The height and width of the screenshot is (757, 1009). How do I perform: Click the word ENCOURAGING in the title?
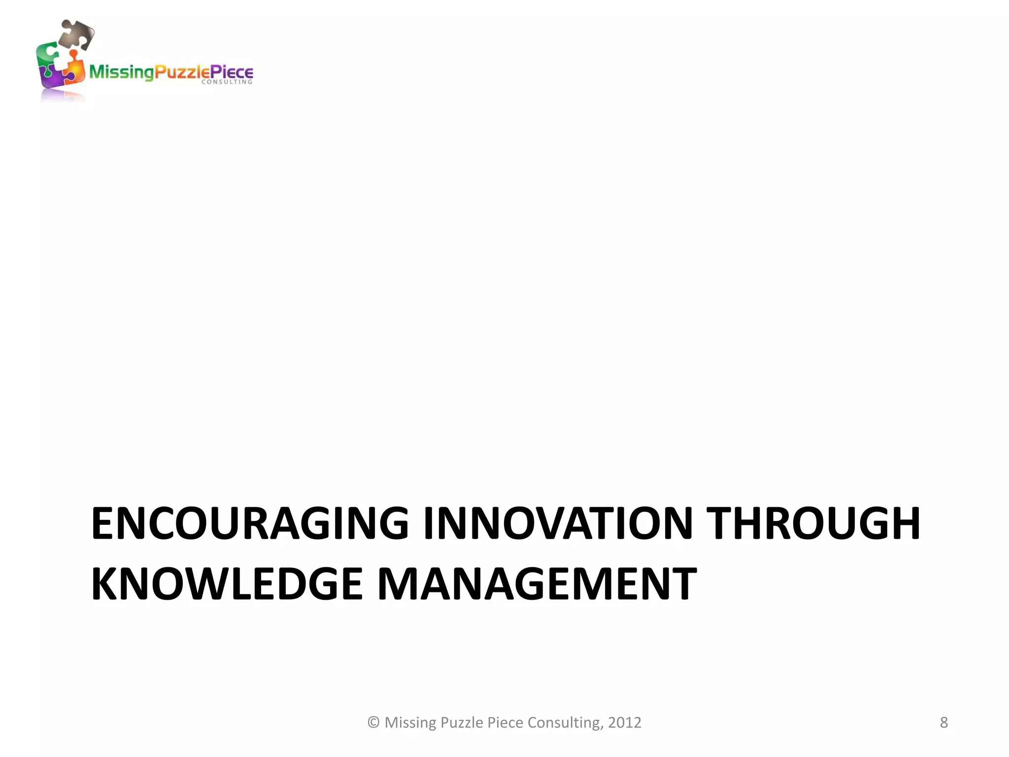pyautogui.click(x=250, y=523)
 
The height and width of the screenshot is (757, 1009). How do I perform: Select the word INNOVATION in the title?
pyautogui.click(x=558, y=523)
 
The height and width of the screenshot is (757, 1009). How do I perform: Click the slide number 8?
pyautogui.click(x=943, y=723)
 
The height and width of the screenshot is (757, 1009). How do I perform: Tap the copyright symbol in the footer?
pyautogui.click(x=373, y=723)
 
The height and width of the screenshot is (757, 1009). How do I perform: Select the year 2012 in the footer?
pyautogui.click(x=625, y=723)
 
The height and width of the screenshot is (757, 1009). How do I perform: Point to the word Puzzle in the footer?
pyautogui.click(x=461, y=723)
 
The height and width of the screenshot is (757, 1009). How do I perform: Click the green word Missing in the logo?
pyautogui.click(x=121, y=72)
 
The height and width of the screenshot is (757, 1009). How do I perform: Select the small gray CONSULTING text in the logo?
pyautogui.click(x=227, y=82)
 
